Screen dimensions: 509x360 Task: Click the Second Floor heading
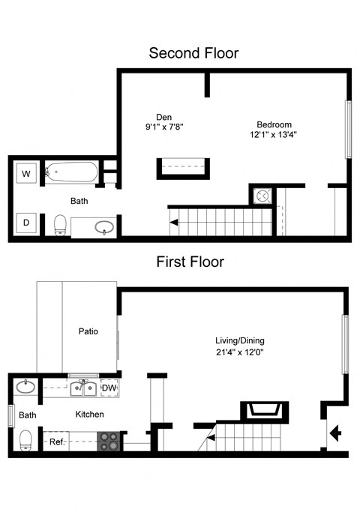[193, 53]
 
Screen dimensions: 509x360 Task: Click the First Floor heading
[190, 262]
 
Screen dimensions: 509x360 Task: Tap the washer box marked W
[27, 174]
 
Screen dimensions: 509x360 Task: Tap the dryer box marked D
[27, 223]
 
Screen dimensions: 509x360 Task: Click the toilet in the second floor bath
[61, 223]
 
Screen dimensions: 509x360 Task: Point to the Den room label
[163, 116]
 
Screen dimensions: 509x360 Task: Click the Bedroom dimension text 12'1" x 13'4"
[274, 136]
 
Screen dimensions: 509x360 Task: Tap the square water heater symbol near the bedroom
[263, 195]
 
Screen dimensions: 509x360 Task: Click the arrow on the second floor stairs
[174, 222]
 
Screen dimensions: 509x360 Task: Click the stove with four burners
[109, 441]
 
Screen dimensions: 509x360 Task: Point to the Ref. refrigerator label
[57, 442]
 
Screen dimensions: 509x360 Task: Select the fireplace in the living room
[263, 411]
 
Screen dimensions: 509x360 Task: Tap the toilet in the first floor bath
[25, 439]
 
